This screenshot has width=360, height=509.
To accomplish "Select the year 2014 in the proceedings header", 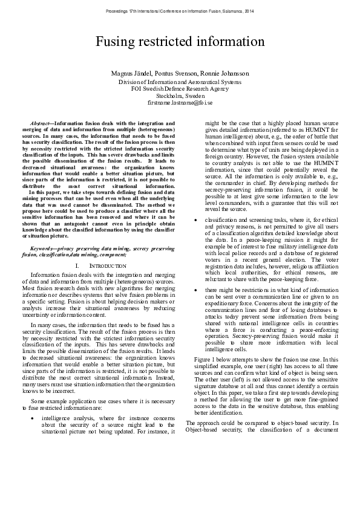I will (x=249, y=11).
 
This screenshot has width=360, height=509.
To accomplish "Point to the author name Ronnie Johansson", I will (x=226, y=74).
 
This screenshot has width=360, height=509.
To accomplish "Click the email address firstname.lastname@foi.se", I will (x=180, y=103).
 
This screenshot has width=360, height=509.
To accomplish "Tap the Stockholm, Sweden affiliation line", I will (x=180, y=96).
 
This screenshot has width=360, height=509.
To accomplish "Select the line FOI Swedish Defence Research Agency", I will (x=180, y=89).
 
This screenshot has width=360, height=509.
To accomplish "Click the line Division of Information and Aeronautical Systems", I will (x=180, y=82).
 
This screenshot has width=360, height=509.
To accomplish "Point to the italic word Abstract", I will (x=41, y=123).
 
